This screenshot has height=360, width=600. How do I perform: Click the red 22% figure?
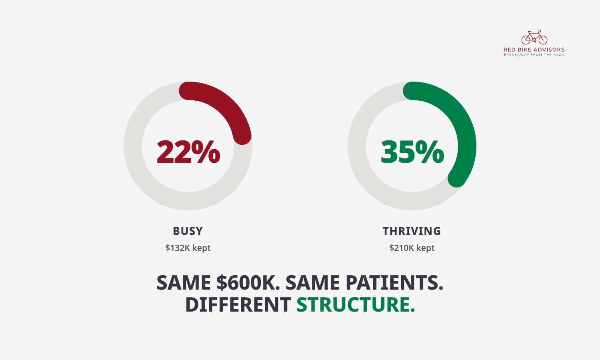[188, 152]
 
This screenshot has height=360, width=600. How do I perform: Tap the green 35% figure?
[412, 152]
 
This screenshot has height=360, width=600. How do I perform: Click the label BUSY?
[188, 231]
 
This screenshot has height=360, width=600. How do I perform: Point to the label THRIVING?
[412, 231]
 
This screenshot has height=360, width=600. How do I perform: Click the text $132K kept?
[188, 248]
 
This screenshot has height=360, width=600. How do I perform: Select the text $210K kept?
[412, 248]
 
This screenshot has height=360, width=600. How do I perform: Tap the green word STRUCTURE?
[356, 304]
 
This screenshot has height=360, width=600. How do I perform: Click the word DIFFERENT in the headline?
[238, 304]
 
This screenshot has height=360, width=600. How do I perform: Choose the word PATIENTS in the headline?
[394, 282]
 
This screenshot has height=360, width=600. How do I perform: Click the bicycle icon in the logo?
[534, 37]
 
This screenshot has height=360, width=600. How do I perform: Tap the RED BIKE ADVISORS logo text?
[534, 50]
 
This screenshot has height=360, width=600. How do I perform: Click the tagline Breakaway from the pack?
[534, 55]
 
